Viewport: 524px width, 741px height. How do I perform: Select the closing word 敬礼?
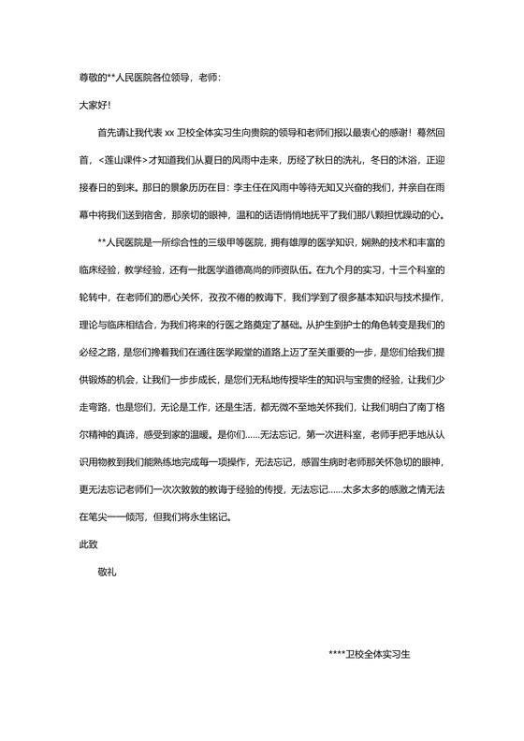click(x=109, y=567)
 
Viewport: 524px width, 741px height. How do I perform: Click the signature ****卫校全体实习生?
click(x=371, y=655)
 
